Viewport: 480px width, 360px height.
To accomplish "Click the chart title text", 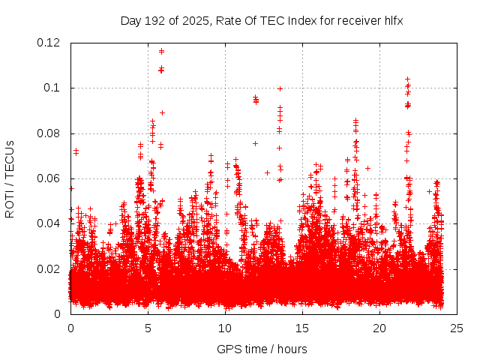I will point(262,20).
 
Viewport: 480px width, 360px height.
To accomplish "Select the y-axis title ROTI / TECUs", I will point(10,178).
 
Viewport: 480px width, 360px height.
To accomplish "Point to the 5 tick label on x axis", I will point(148,328).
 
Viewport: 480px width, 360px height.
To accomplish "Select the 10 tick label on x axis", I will point(225,328).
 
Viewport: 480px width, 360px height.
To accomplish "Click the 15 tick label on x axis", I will point(302,328).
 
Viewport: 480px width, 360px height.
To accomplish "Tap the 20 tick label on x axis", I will point(379,328).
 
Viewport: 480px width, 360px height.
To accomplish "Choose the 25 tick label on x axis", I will point(457,328).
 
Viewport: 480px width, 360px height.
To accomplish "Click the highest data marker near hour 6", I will point(161,51).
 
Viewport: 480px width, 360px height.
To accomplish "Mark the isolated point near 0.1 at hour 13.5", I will point(280,88).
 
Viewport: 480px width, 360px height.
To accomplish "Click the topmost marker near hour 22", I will point(407,79).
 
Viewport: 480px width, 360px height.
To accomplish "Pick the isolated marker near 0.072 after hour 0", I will point(76,151).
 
